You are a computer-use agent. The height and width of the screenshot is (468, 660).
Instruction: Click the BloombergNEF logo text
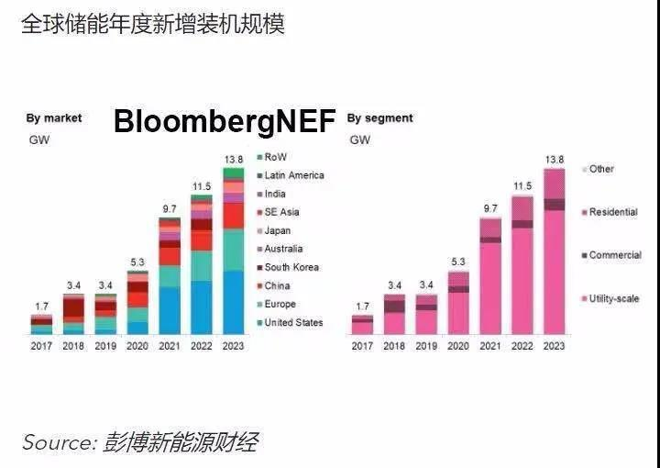click(225, 123)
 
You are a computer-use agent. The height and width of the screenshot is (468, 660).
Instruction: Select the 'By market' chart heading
click(53, 118)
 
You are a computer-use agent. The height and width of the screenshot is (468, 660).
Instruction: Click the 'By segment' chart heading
click(379, 118)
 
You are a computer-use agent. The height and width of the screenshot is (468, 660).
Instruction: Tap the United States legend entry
click(293, 322)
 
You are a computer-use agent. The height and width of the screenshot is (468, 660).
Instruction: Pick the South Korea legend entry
click(291, 267)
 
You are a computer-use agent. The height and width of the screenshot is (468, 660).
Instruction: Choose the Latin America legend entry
click(293, 175)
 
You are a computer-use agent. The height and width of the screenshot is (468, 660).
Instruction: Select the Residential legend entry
click(612, 212)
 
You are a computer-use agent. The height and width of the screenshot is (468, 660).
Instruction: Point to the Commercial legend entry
click(614, 255)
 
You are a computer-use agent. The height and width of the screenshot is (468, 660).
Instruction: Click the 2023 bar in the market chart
click(234, 252)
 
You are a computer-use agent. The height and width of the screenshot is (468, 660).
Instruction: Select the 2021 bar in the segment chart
click(491, 275)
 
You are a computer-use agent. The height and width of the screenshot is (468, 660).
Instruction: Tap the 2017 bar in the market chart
click(41, 324)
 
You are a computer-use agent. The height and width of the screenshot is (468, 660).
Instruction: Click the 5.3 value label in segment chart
click(459, 262)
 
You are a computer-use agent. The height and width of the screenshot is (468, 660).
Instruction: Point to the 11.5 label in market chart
click(202, 186)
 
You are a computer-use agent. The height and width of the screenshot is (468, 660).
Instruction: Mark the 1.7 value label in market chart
click(41, 306)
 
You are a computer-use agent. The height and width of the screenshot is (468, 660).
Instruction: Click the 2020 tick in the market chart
click(137, 346)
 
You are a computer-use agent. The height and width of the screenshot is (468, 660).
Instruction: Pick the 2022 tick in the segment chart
click(522, 346)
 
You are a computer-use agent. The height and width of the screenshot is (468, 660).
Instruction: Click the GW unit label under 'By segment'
click(359, 140)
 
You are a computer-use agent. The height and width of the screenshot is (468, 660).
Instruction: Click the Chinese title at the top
click(152, 24)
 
